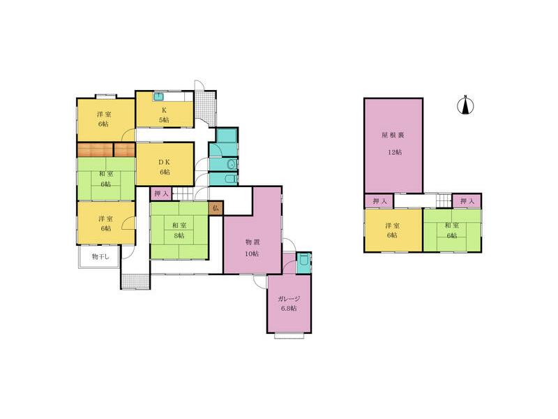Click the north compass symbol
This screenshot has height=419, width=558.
(465, 105)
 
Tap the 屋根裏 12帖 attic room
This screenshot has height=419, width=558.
(393, 145)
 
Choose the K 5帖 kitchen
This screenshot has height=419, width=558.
(165, 113)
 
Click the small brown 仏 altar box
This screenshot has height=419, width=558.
(216, 207)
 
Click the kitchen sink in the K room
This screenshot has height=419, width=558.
(158, 96)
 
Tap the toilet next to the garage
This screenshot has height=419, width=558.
(303, 263)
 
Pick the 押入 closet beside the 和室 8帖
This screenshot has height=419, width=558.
(160, 193)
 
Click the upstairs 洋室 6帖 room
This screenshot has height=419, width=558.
(393, 230)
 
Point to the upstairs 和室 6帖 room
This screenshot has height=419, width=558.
(452, 230)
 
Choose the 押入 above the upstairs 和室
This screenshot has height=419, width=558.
(467, 201)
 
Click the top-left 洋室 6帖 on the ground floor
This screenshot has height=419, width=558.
(105, 119)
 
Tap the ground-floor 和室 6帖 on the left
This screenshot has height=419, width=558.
(105, 179)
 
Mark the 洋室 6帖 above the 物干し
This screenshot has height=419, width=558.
(105, 223)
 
